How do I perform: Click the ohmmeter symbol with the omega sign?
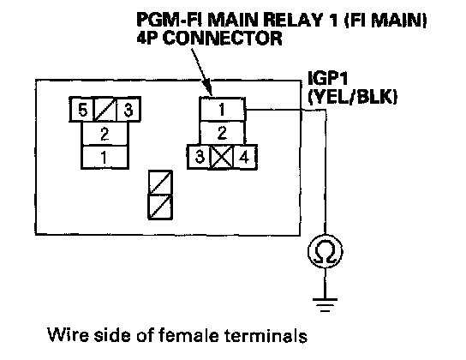click(x=325, y=252)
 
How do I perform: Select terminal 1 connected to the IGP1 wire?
click(x=222, y=109)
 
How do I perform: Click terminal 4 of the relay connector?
click(x=245, y=157)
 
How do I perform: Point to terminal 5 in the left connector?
click(x=81, y=110)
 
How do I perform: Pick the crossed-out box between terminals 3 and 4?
click(x=222, y=157)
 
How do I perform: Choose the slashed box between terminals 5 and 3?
click(x=105, y=110)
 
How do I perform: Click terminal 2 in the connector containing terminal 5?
click(x=105, y=134)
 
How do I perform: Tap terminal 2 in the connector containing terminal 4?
click(x=222, y=133)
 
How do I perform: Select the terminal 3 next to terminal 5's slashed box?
click(x=128, y=110)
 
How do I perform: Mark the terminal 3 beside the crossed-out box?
click(x=199, y=157)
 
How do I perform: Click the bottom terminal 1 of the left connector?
click(x=105, y=157)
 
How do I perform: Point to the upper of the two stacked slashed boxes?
click(x=160, y=183)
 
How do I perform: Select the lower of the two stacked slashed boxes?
click(x=160, y=207)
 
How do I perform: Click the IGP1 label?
click(x=327, y=79)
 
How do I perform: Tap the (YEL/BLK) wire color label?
click(x=352, y=97)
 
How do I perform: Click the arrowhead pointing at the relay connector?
click(x=209, y=89)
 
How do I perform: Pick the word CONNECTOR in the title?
click(x=223, y=38)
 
